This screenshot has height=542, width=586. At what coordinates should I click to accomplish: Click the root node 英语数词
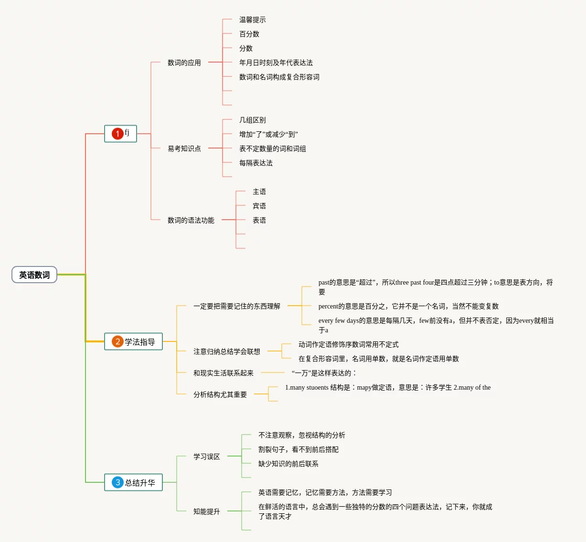point(34,275)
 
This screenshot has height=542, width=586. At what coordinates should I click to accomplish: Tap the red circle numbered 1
point(117,134)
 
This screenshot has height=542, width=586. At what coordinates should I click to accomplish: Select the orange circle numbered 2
point(117,341)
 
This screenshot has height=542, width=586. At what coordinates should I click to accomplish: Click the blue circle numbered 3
point(117,482)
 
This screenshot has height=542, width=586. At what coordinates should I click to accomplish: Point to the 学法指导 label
point(140,342)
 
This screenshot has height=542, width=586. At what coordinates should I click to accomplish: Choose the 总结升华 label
point(140,483)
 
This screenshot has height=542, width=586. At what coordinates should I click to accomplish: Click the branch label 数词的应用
point(184,63)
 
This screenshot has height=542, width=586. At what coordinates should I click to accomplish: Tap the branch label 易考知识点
point(184,149)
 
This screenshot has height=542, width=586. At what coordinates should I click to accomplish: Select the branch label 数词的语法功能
point(191,220)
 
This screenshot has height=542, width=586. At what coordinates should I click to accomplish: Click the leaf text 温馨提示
point(253,20)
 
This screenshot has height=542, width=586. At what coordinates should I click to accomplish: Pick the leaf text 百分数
point(249,34)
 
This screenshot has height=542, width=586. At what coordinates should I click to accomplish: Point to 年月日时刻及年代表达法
point(276,63)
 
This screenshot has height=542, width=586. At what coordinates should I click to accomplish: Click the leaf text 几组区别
point(253,120)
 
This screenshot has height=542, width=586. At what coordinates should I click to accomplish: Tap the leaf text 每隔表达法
point(256,163)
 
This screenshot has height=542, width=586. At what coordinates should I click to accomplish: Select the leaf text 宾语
point(259,206)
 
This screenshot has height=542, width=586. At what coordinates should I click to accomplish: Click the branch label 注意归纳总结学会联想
point(227,351)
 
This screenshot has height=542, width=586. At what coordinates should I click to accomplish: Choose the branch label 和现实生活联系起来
point(224,373)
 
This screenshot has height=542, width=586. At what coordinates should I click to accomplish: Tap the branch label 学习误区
point(207,457)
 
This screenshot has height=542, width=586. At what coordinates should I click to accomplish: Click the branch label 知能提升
point(207,511)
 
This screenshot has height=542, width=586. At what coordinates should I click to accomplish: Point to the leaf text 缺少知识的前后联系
point(288,464)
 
